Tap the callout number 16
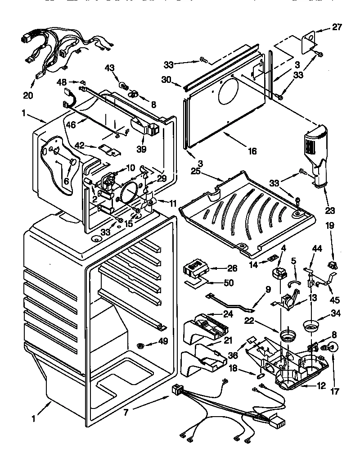[252, 151]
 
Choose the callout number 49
[162, 341]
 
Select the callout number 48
[62, 82]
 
